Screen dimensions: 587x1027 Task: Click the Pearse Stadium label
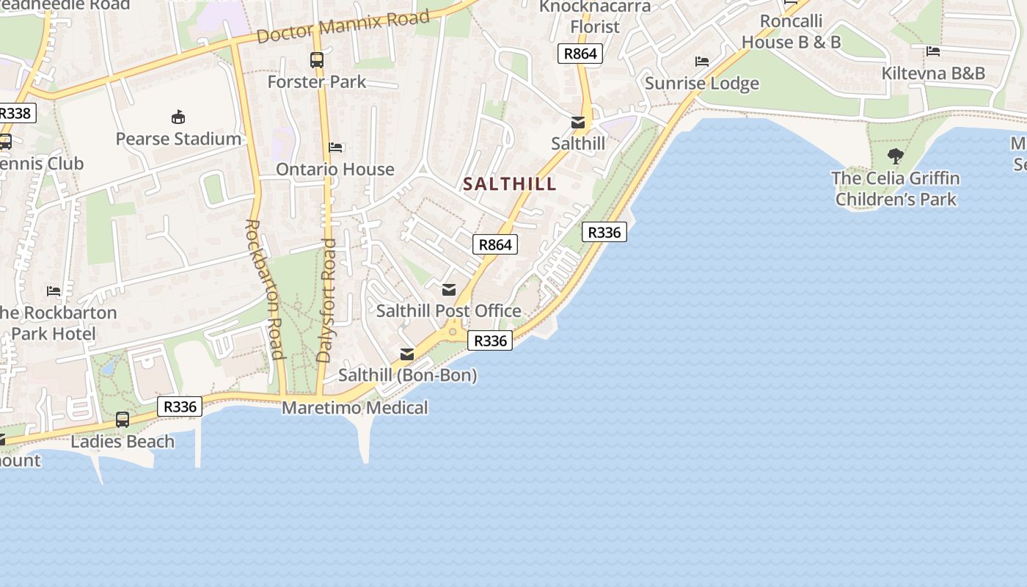pos(178,139)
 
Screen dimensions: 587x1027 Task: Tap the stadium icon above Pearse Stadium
pos(178,117)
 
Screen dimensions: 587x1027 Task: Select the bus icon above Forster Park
pos(316,60)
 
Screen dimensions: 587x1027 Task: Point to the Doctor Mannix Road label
pos(343,27)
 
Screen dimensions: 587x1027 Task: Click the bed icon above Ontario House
pos(335,147)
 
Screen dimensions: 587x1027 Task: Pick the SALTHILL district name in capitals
pos(510,184)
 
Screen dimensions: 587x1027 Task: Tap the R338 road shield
pos(15,113)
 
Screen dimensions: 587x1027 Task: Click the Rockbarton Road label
pos(263,289)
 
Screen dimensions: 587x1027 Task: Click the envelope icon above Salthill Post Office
pos(449,290)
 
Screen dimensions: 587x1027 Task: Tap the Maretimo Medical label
pos(355,408)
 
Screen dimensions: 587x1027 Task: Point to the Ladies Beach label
pos(123,442)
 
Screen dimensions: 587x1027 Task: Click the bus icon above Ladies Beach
pos(123,420)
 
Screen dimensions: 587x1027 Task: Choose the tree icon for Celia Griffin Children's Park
pos(895,156)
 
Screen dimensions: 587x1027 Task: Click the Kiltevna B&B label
pos(932,73)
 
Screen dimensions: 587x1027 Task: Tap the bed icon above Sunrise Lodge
pos(702,62)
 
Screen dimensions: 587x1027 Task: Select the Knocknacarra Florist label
pos(595,17)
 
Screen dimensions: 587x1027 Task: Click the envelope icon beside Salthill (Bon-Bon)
pos(406,355)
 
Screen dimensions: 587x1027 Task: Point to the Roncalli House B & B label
pos(791,32)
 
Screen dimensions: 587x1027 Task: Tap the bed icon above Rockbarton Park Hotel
pos(54,291)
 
